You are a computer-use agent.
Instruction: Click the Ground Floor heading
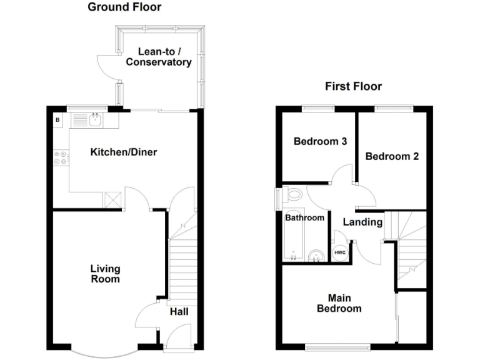(124, 7)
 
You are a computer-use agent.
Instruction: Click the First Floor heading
(353, 86)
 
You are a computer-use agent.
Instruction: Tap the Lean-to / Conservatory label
(158, 57)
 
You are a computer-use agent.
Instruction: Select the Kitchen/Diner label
(124, 152)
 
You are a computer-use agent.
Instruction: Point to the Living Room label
(105, 274)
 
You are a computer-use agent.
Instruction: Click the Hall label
(179, 311)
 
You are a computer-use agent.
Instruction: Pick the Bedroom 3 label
(320, 141)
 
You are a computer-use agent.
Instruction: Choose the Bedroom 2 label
(392, 156)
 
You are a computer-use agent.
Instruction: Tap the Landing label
(362, 222)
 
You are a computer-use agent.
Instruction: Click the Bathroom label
(305, 217)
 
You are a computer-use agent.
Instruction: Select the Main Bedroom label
(339, 303)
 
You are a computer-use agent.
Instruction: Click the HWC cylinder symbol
(340, 252)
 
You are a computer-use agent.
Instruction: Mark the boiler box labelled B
(57, 119)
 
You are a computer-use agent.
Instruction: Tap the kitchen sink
(95, 119)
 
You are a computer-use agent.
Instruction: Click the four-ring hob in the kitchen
(61, 158)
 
